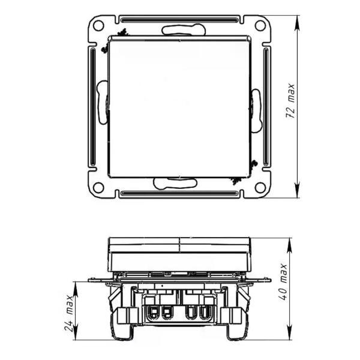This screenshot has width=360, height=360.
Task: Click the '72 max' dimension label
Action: pyautogui.click(x=290, y=101)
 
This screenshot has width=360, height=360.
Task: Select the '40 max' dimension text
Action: pyautogui.click(x=283, y=282)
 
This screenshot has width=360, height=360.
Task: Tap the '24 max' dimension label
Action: pyautogui.click(x=68, y=313)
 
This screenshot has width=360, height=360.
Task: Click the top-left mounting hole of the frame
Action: pyautogui.click(x=98, y=25)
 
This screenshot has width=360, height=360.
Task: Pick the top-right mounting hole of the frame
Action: pyautogui.click(x=260, y=25)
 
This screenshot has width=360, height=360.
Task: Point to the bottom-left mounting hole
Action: pyautogui.click(x=98, y=187)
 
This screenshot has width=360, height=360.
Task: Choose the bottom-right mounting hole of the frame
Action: pyautogui.click(x=260, y=187)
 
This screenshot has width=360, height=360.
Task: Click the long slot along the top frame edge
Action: pyautogui.click(x=179, y=20)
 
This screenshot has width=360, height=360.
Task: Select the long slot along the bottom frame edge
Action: pyautogui.click(x=179, y=193)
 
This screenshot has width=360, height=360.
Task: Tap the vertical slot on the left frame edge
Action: pyautogui.click(x=93, y=107)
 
